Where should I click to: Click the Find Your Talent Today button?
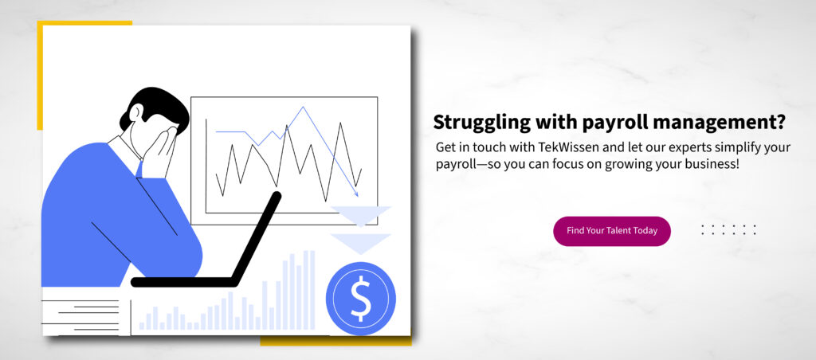point(611,231)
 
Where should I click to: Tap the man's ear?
point(135,112)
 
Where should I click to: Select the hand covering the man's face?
point(159,154)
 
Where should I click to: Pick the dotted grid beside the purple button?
point(728,230)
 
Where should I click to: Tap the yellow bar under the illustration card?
point(335,341)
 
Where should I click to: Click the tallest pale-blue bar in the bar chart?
point(312,290)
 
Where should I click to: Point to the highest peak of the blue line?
point(302,108)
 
